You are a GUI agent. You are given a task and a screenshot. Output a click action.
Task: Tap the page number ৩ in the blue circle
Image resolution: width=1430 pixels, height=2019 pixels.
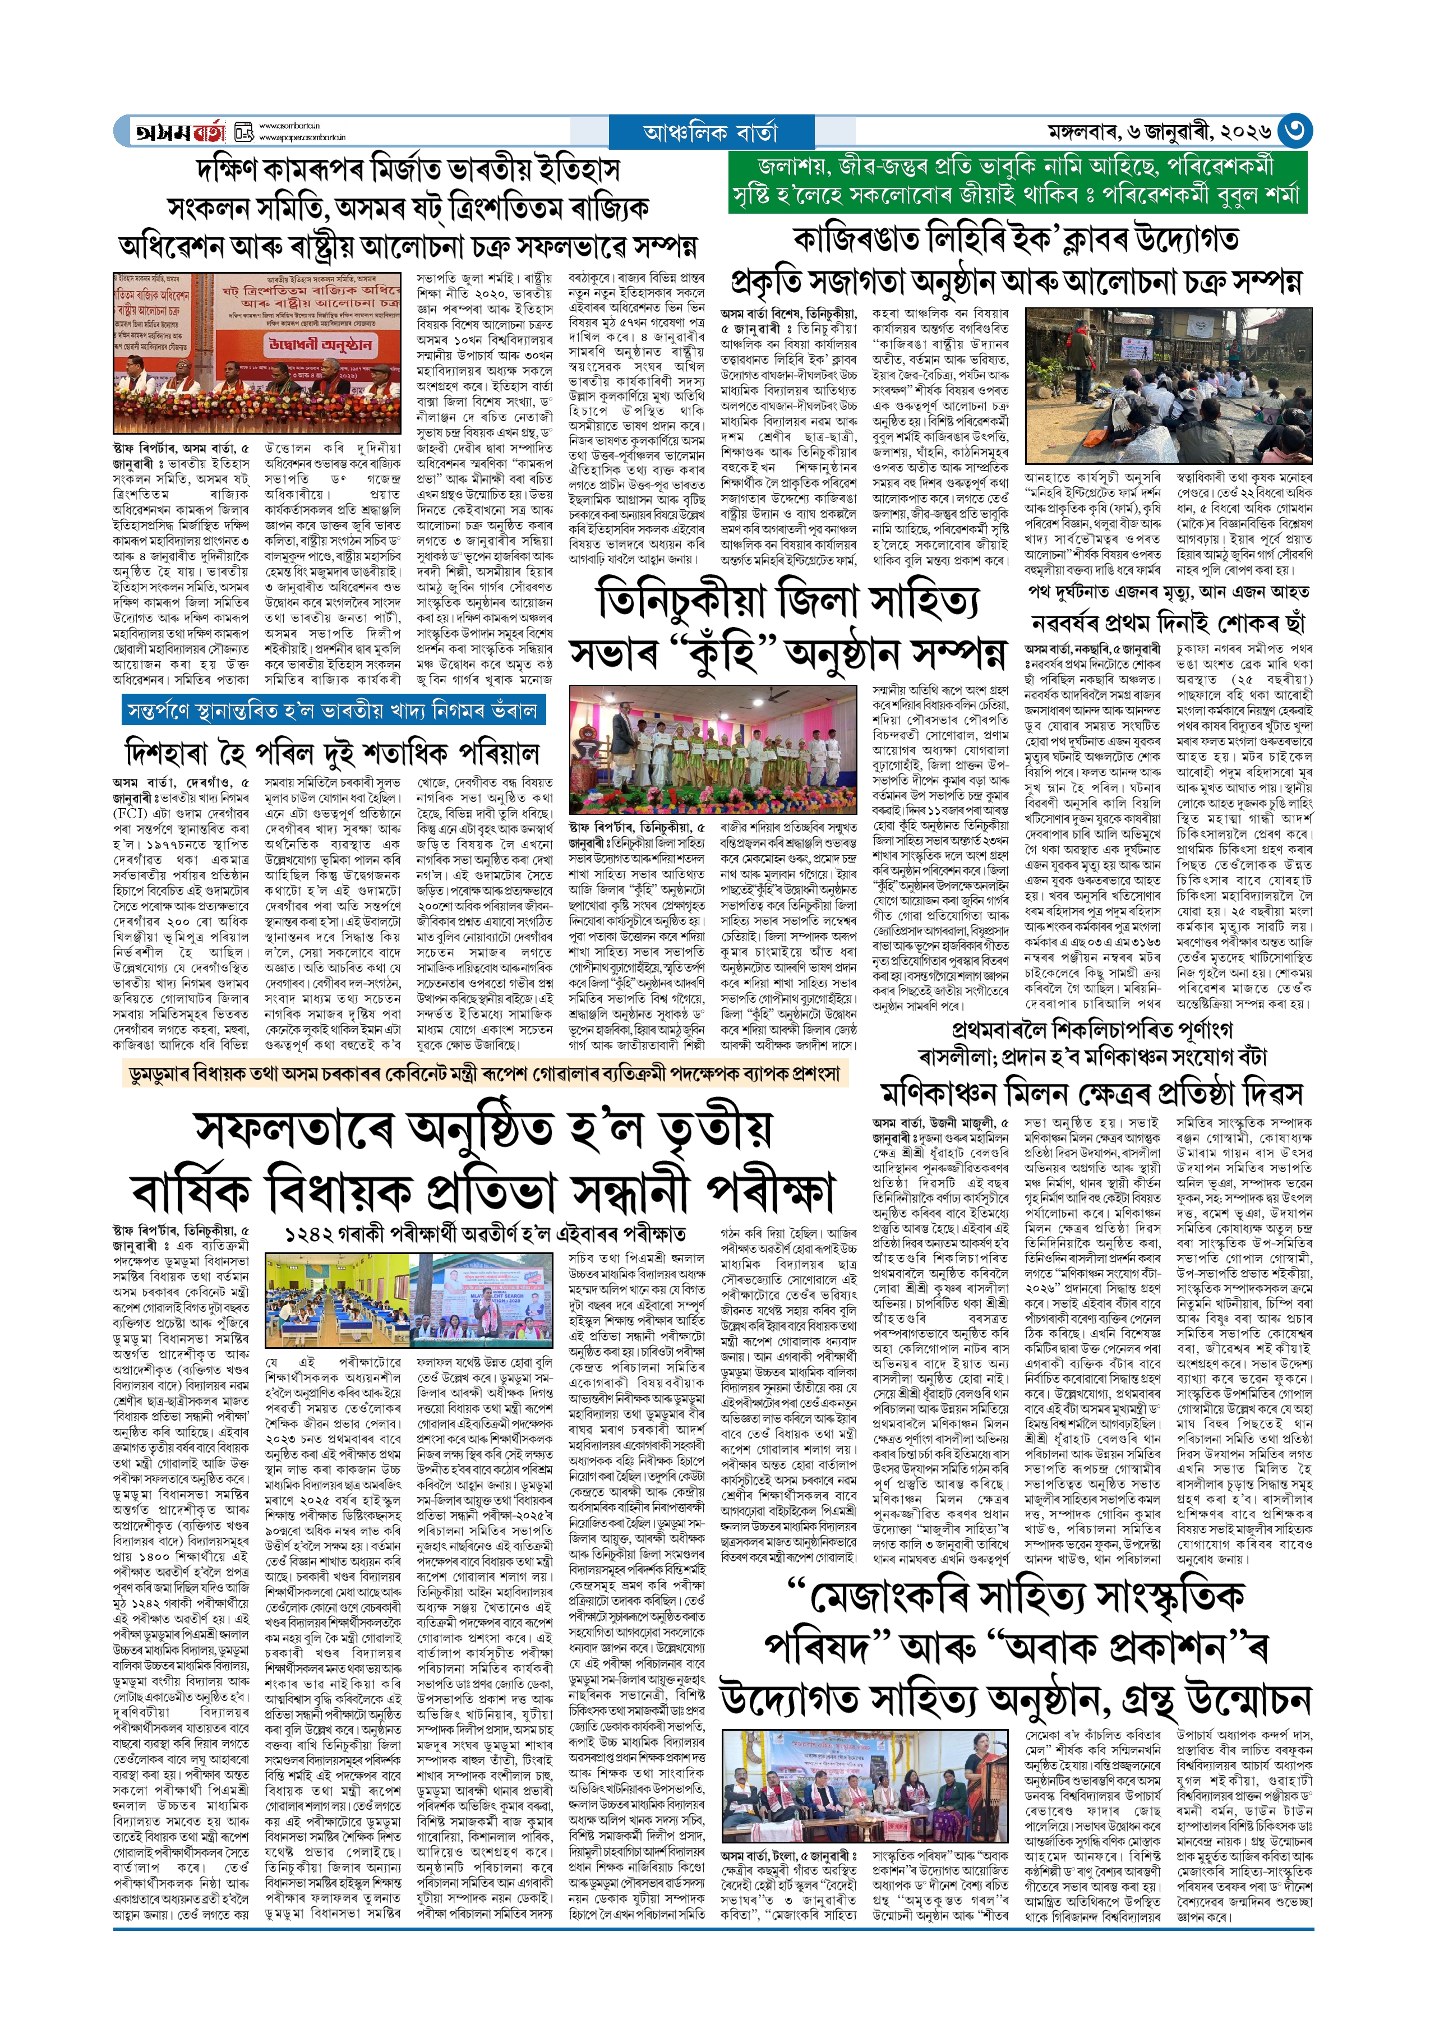tap(1294, 131)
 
